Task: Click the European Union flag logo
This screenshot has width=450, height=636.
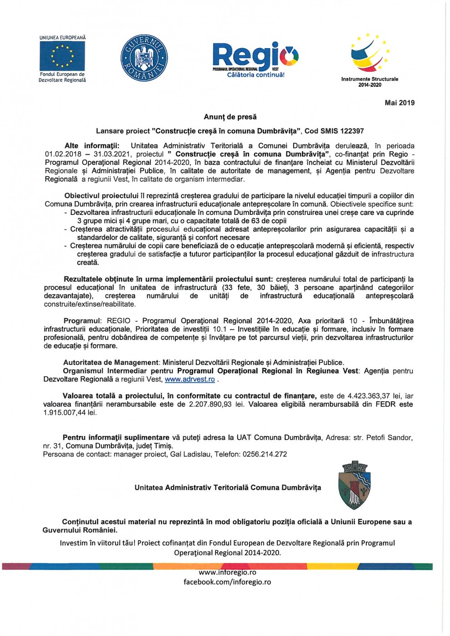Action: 62,56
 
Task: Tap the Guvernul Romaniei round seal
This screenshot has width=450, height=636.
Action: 144,58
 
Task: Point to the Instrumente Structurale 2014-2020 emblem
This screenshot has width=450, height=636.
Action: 370,55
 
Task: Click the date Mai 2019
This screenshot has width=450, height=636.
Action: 400,103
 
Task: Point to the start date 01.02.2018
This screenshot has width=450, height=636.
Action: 63,154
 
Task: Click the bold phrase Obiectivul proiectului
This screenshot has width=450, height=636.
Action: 101,196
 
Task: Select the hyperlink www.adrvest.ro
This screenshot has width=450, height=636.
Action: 190,379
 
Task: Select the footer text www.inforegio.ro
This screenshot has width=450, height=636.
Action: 227,572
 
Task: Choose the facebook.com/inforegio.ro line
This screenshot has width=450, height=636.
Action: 227,582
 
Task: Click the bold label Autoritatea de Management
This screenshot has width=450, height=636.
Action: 111,363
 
